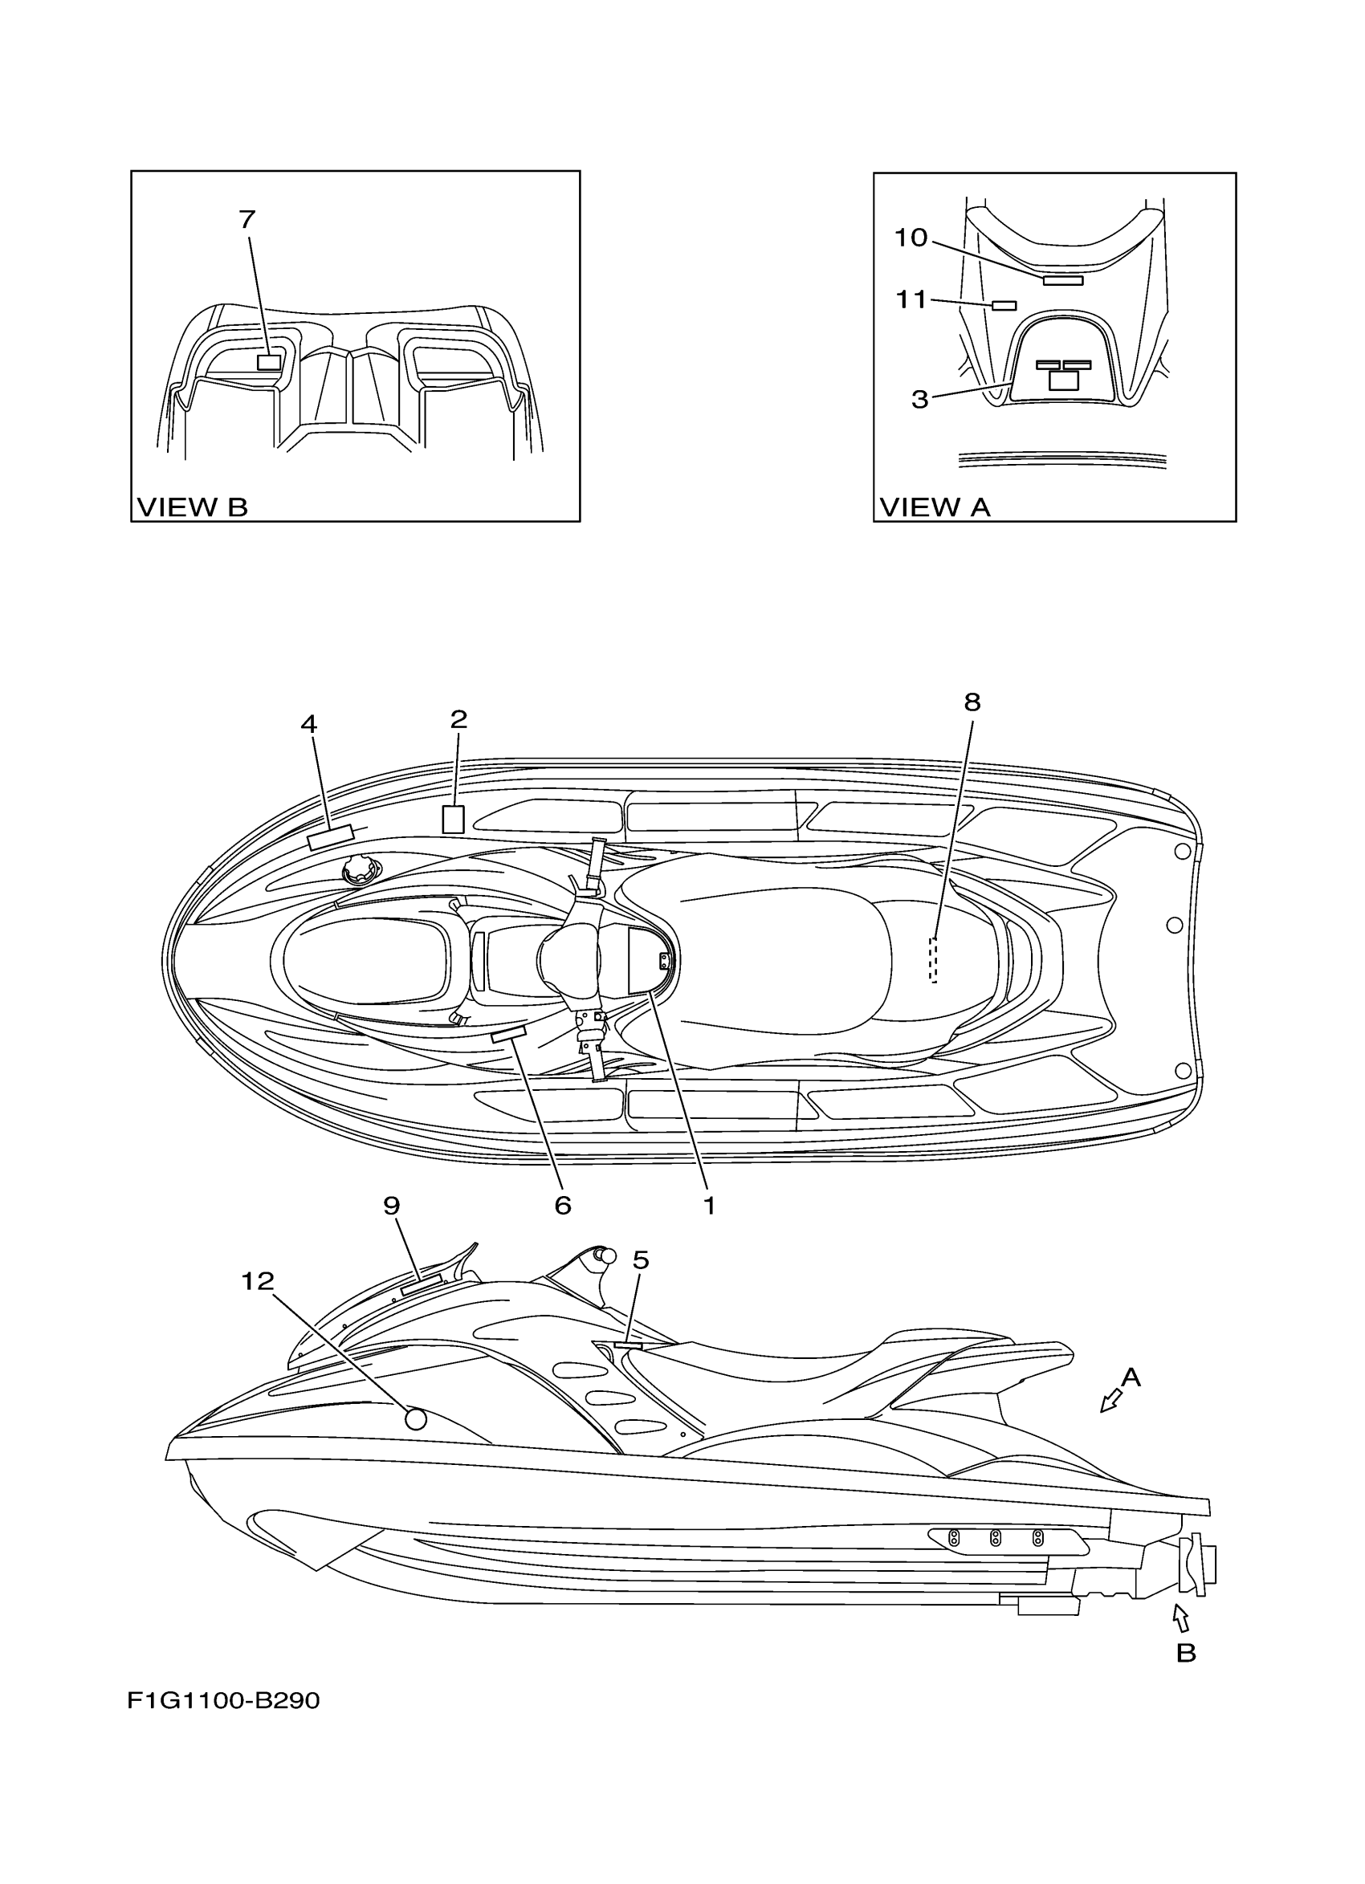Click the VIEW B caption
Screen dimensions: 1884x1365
pos(192,507)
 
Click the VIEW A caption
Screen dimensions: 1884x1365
pos(934,507)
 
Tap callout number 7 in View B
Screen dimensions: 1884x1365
pos(247,219)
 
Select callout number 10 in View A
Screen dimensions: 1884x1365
pos(910,238)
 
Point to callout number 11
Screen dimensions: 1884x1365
pos(911,299)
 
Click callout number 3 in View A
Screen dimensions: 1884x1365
pos(919,400)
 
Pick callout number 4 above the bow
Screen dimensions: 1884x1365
pos(308,724)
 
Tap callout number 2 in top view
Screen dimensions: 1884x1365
pos(458,719)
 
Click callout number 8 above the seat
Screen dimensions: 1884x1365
pos(972,702)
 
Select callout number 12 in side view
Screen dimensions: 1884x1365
pos(258,1282)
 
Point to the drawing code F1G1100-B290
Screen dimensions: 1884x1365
pos(223,1701)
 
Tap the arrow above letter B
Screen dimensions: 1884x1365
pos(1180,1617)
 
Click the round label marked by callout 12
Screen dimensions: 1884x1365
pos(415,1418)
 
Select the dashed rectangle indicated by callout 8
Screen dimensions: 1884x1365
pos(933,959)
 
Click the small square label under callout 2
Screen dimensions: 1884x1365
pos(453,819)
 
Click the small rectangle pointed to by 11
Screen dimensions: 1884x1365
pos(1004,306)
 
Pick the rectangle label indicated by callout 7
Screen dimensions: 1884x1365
pos(268,362)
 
